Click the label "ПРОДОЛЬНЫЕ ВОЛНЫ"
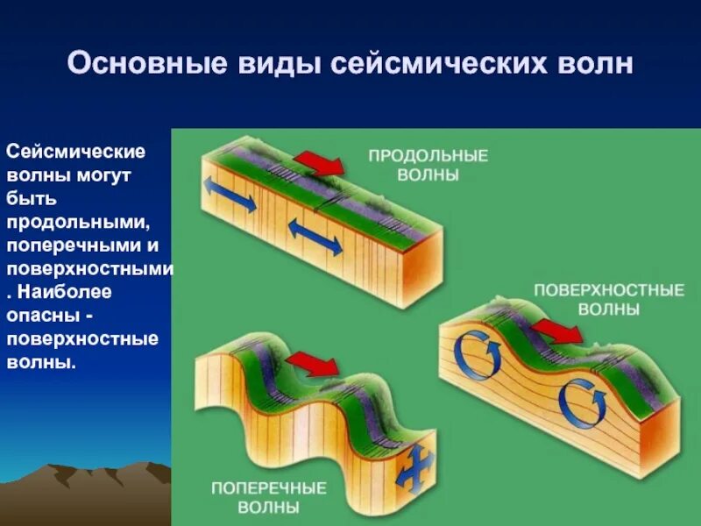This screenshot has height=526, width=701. [428, 165]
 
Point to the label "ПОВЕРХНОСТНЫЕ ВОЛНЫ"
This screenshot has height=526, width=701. [609, 299]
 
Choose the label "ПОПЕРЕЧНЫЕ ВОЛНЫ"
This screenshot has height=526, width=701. [268, 497]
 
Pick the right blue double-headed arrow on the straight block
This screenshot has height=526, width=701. [315, 237]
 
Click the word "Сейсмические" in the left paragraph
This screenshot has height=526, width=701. [76, 152]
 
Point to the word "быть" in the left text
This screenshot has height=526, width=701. [31, 195]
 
